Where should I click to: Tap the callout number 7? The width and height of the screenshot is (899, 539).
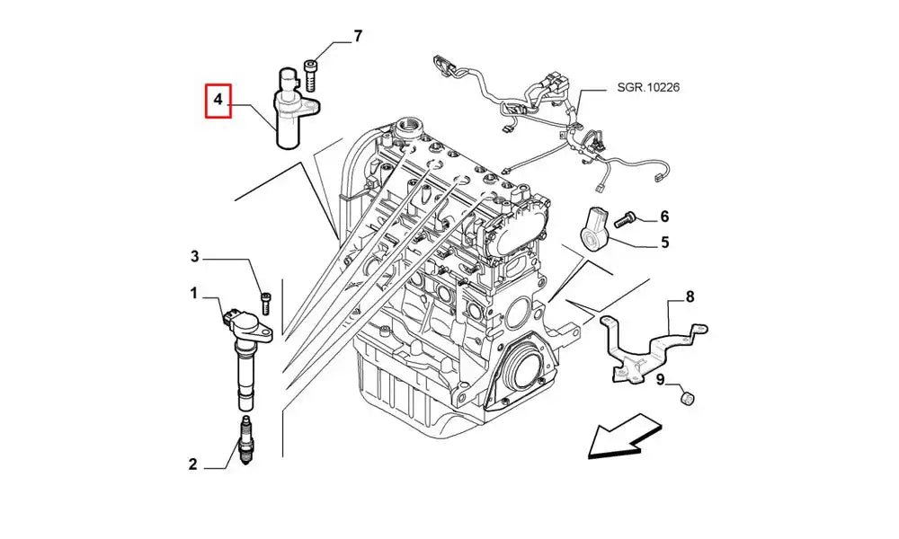click(357, 37)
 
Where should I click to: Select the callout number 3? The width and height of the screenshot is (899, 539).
click(194, 258)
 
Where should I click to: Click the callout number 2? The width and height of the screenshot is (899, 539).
click(192, 464)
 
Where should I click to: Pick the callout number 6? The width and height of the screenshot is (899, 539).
click(664, 216)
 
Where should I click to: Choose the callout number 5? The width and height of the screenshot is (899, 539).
click(664, 242)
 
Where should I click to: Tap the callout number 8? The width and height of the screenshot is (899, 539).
click(690, 296)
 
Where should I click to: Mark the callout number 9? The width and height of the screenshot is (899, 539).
click(660, 381)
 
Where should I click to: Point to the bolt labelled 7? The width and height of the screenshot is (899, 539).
click(311, 75)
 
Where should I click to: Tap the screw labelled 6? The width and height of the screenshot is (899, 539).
click(628, 216)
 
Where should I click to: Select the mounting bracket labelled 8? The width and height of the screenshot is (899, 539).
click(647, 346)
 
